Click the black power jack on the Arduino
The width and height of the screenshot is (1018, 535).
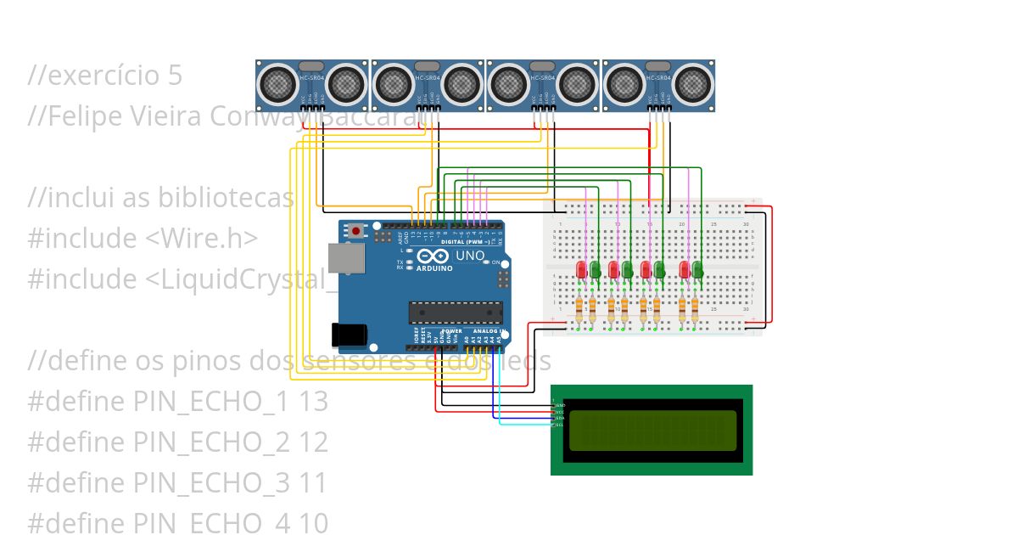point(350,335)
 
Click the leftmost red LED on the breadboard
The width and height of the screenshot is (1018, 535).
point(581,270)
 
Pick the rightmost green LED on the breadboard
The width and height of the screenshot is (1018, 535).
point(697,270)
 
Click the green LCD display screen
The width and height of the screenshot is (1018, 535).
point(652,430)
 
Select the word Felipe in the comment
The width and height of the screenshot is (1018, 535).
point(80,116)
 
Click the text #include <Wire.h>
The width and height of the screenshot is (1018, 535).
point(143,239)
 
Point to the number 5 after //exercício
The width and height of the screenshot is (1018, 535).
point(174,76)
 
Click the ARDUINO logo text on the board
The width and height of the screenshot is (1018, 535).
point(433,267)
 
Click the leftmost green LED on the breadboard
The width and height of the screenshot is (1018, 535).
point(596,270)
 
